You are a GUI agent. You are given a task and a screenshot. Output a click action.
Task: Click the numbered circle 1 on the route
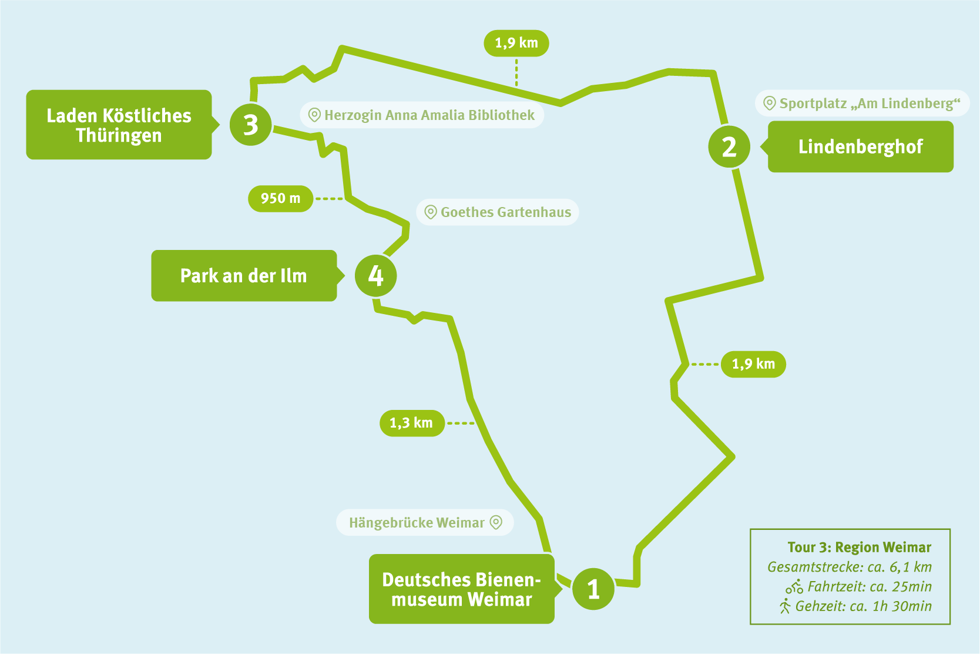click(x=593, y=589)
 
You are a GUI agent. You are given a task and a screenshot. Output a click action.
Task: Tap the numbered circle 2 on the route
click(x=729, y=146)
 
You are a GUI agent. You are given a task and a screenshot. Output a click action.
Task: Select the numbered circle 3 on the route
click(x=251, y=125)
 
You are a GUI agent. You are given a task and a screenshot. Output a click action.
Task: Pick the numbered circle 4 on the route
click(x=376, y=275)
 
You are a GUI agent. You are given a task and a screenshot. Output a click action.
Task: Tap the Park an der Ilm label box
click(x=247, y=275)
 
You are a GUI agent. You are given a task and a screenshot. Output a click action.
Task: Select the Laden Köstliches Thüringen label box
click(x=122, y=125)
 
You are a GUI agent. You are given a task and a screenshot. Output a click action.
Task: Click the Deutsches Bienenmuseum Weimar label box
click(x=465, y=589)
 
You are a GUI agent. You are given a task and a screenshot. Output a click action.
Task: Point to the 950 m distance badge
click(x=281, y=199)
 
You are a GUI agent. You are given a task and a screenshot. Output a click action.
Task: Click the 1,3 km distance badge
click(x=412, y=423)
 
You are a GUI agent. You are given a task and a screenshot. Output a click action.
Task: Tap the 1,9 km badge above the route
click(x=516, y=43)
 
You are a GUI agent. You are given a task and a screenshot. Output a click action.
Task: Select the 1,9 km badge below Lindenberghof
click(x=753, y=364)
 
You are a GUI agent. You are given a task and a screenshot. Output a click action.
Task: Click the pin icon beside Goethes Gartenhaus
click(x=431, y=212)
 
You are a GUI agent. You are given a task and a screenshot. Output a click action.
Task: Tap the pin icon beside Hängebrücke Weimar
click(x=496, y=522)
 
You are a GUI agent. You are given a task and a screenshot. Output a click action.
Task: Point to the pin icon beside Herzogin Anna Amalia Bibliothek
click(x=314, y=115)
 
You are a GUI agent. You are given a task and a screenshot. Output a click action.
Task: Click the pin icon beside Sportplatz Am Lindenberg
click(x=770, y=104)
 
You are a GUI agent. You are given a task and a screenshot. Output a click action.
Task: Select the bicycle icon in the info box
click(x=794, y=586)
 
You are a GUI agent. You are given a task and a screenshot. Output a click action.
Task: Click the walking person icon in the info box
click(x=786, y=606)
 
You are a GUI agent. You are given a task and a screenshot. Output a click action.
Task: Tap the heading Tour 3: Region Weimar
click(x=859, y=547)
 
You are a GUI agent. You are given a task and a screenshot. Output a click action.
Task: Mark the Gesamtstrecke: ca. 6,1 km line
click(x=850, y=567)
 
